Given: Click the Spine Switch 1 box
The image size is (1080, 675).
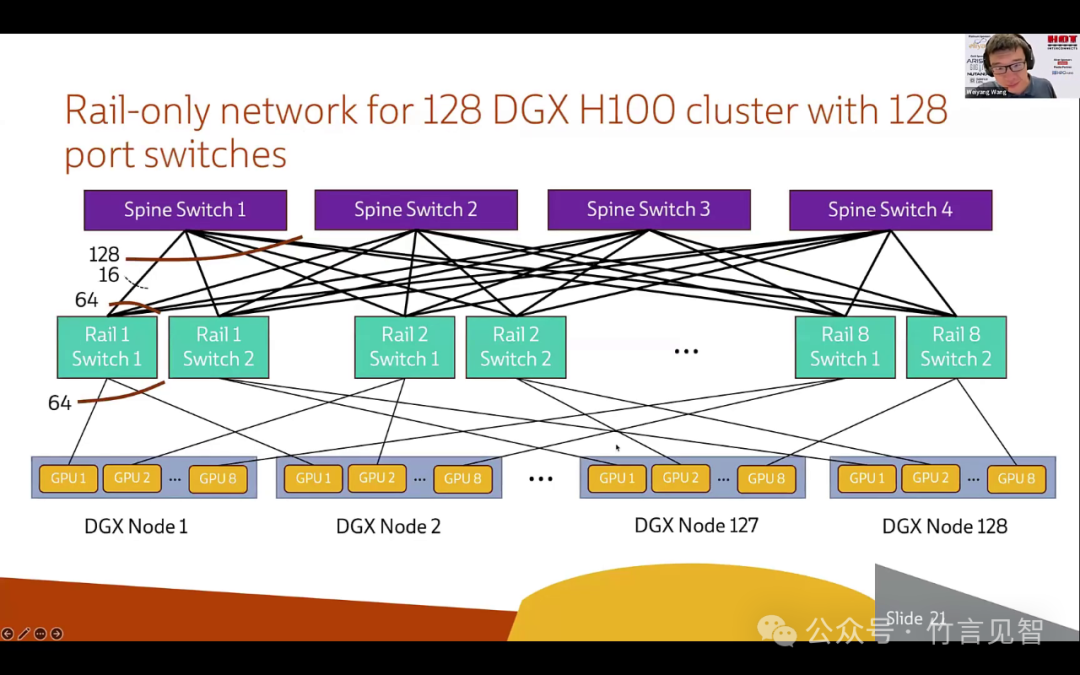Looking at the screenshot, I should (185, 210).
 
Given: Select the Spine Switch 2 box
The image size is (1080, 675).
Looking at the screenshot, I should (416, 210).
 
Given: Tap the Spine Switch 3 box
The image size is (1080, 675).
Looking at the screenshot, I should (649, 209).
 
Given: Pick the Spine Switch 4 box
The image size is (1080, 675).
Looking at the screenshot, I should (890, 210).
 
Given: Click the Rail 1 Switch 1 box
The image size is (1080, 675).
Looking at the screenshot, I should (107, 347).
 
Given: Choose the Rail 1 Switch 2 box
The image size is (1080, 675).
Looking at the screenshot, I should (218, 347).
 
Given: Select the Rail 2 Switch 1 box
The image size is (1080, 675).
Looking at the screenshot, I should (404, 347).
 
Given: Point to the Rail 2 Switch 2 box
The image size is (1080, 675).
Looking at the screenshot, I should (515, 347).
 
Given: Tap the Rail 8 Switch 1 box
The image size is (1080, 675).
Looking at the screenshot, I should (845, 347).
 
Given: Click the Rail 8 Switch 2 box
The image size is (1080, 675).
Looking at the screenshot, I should (956, 347).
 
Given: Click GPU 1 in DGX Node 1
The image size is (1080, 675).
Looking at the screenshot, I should (69, 478).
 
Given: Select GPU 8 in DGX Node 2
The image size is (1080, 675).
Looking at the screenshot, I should (463, 478).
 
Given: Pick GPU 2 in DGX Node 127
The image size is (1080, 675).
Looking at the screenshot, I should (681, 478).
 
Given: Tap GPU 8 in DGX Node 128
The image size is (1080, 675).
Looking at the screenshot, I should (1016, 478).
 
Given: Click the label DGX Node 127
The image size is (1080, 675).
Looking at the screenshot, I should (696, 525).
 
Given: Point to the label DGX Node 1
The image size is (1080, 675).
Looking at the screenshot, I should (136, 526).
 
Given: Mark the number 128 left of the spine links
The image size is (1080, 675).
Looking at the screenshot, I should (104, 255).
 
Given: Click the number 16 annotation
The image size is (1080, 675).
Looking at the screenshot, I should (109, 275).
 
